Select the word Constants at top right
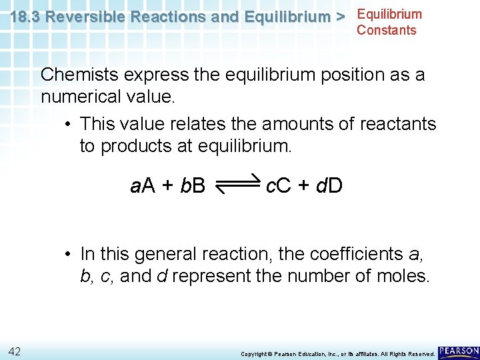click(x=386, y=30)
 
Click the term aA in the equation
click(x=143, y=186)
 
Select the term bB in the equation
click(x=193, y=186)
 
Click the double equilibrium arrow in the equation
click(x=237, y=183)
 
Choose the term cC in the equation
click(x=278, y=186)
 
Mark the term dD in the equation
click(x=330, y=186)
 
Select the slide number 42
click(x=15, y=351)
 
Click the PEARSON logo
click(x=459, y=351)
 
